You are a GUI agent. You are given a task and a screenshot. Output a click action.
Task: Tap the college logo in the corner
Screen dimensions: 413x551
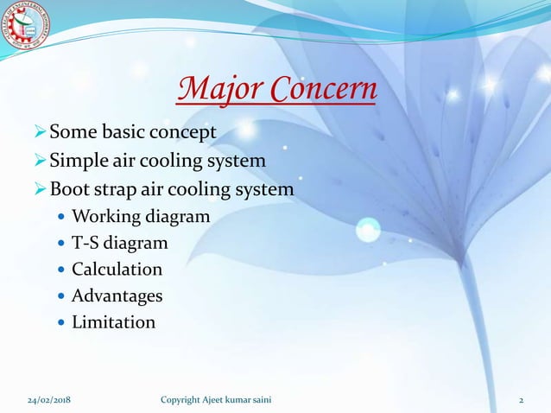26,30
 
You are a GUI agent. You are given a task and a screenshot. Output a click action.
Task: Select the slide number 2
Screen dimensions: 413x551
521,400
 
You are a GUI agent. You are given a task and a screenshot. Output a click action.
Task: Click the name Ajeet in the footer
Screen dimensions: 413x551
227,400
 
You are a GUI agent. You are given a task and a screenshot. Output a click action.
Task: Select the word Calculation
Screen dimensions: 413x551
117,269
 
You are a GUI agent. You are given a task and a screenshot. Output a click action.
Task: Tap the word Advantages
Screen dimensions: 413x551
117,295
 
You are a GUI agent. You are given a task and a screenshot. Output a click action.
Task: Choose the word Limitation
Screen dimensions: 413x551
113,322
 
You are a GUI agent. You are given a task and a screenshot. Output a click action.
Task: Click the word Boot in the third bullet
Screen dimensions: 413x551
70,188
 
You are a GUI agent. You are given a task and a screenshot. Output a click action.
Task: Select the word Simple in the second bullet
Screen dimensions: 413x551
76,161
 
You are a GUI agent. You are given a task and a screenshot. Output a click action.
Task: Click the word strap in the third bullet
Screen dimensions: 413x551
117,188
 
